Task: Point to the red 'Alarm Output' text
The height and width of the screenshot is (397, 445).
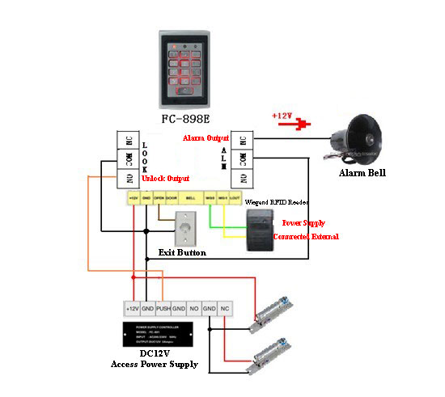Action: click(x=206, y=138)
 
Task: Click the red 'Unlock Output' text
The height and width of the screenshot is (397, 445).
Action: click(x=167, y=178)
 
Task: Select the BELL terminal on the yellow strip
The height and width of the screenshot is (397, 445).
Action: click(x=190, y=196)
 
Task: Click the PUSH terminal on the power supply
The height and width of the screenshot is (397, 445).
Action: click(x=163, y=309)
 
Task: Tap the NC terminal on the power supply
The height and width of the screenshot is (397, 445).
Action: click(x=226, y=309)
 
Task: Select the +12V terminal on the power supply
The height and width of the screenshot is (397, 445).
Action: click(x=133, y=309)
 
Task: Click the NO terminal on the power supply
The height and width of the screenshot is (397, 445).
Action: click(x=194, y=309)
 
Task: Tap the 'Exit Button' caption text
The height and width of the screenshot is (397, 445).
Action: click(x=182, y=253)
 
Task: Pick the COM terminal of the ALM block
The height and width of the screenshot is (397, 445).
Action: click(x=242, y=158)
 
